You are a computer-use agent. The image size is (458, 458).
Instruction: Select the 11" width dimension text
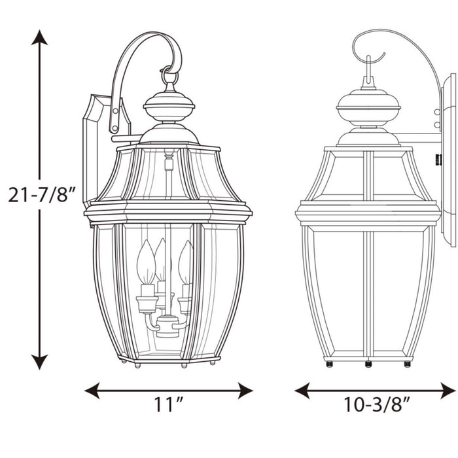168,406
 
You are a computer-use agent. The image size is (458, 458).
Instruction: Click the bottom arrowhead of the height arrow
40,361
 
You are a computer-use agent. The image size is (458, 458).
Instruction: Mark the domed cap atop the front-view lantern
169,105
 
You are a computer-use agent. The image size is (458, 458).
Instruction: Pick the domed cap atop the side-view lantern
368,105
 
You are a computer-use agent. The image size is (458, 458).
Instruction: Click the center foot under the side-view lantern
368,363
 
